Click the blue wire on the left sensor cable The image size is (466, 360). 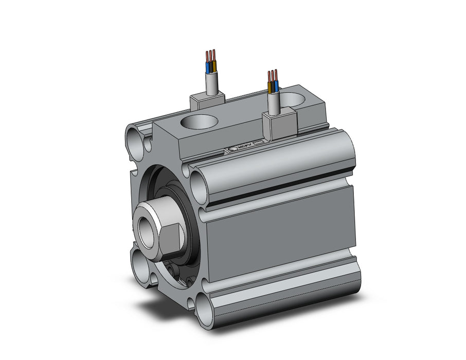pyautogui.click(x=208, y=67)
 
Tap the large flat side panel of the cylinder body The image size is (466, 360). pyautogui.click(x=280, y=226)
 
